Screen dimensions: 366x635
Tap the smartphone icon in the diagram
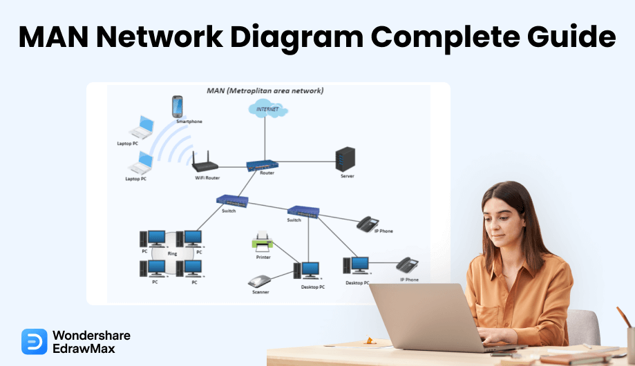coord(178,106)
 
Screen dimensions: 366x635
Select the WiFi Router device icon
coord(204,162)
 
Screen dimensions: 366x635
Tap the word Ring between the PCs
coord(172,253)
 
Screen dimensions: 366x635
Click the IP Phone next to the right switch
coord(367,224)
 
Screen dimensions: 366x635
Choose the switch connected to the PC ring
coord(231,201)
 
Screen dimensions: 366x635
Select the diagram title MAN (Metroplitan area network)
coord(265,90)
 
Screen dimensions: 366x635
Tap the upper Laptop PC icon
coord(143,127)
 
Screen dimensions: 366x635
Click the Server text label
coord(347,177)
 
